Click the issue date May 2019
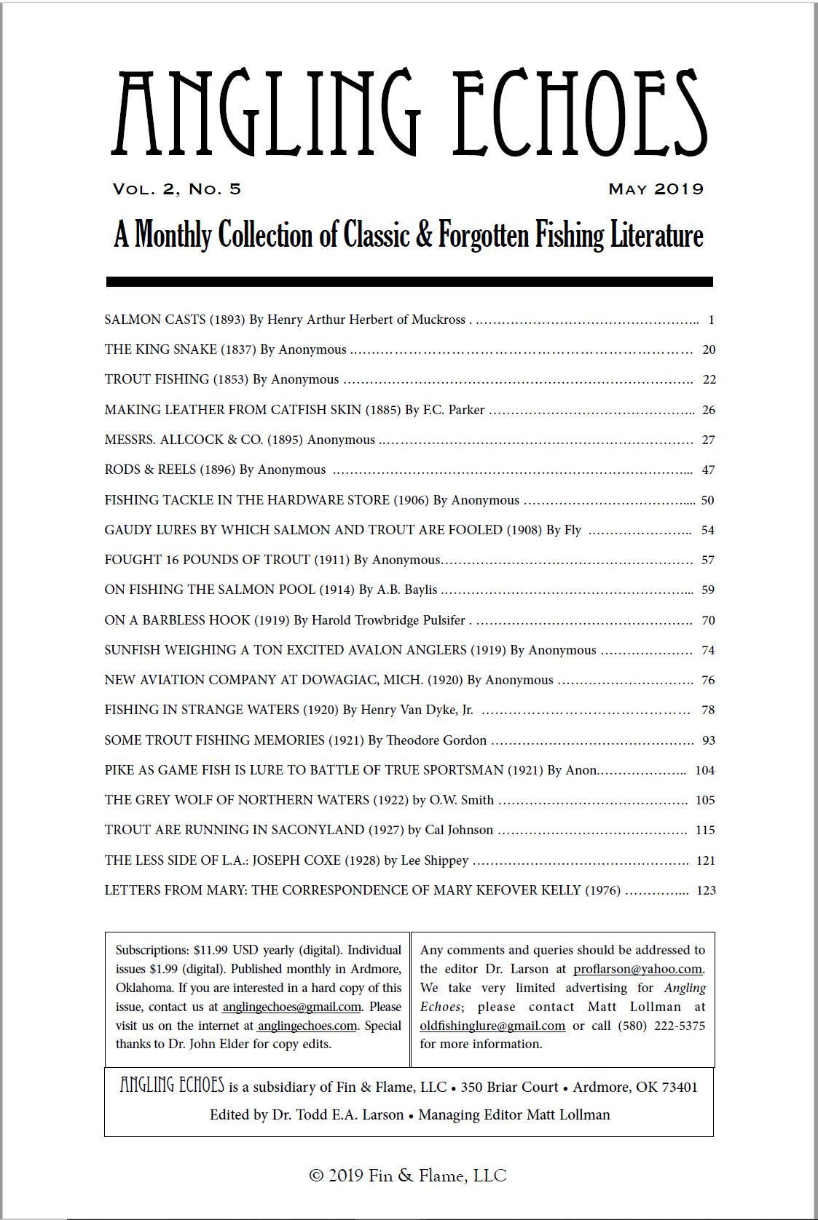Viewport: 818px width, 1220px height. click(x=656, y=189)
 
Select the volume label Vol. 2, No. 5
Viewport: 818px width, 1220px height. click(x=177, y=189)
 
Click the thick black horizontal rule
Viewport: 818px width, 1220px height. click(x=409, y=282)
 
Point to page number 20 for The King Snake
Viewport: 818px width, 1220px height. click(x=709, y=349)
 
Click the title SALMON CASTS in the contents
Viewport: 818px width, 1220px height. click(x=155, y=320)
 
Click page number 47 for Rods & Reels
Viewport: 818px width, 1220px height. click(x=708, y=470)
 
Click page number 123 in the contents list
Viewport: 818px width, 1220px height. click(x=706, y=890)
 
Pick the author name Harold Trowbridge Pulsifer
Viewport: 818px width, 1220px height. click(x=388, y=620)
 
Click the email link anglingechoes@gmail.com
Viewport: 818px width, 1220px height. click(x=291, y=1007)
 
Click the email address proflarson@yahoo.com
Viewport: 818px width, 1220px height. click(x=637, y=969)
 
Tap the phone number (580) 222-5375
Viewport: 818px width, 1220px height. click(x=661, y=1026)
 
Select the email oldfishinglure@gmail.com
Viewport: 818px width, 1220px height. click(x=492, y=1026)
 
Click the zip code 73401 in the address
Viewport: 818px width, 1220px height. click(x=680, y=1087)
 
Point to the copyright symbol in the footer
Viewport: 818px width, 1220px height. click(x=316, y=1176)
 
